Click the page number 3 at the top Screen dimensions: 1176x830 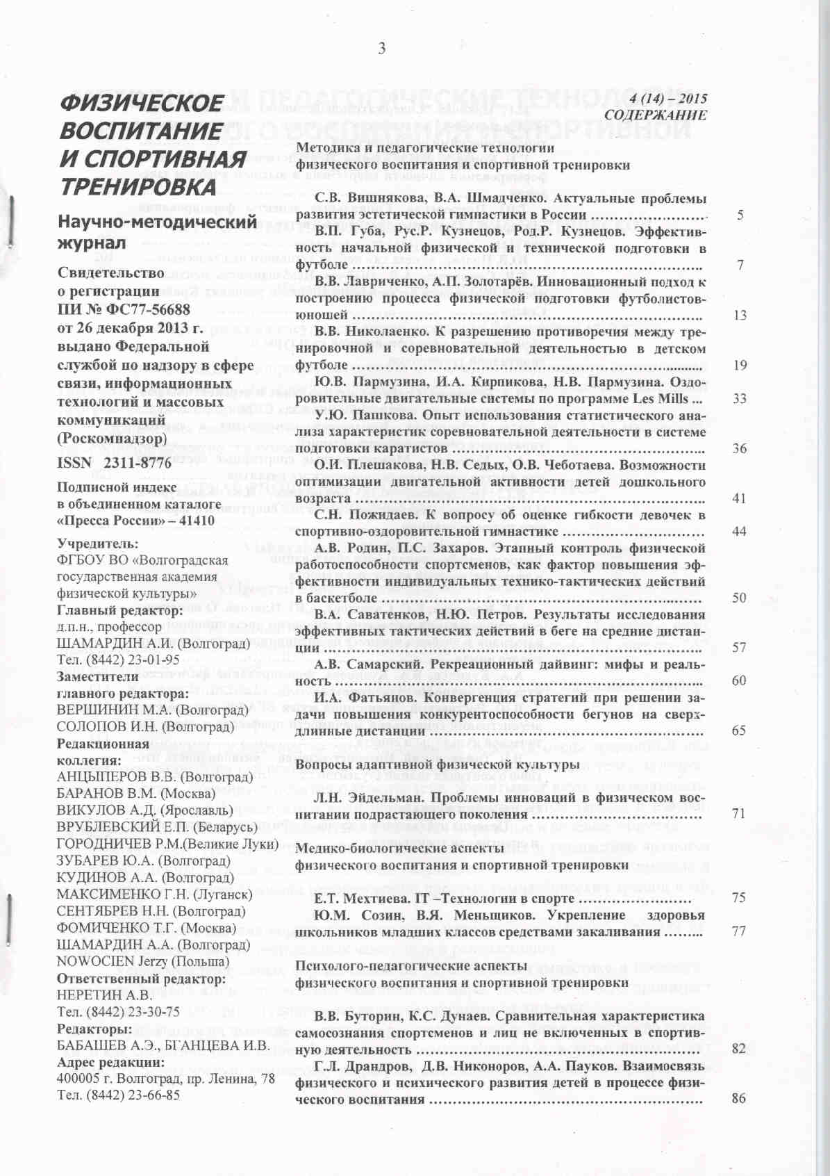pos(381,48)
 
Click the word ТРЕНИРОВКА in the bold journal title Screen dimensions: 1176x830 pos(138,187)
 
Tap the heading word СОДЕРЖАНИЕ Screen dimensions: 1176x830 pos(655,115)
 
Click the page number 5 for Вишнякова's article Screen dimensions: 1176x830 pos(740,215)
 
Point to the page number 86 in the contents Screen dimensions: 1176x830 pos(738,1098)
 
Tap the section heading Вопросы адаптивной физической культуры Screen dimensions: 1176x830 pos(437,765)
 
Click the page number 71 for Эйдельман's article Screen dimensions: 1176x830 pos(738,813)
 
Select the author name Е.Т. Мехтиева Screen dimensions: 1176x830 pos(356,898)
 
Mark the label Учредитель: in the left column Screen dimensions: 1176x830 pos(97,544)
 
